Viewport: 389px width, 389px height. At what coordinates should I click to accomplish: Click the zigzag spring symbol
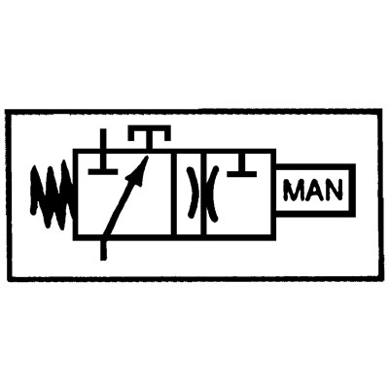(x=52, y=194)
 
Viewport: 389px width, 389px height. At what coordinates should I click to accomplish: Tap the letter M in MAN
(x=294, y=190)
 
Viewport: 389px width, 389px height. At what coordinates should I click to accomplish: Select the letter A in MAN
(x=314, y=190)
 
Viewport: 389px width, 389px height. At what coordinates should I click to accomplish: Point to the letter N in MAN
(x=334, y=190)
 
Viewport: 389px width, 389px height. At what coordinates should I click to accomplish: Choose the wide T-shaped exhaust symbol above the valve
(x=150, y=136)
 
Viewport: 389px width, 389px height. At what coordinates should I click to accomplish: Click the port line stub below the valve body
(x=103, y=250)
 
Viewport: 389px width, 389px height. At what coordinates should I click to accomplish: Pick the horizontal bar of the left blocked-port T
(x=103, y=171)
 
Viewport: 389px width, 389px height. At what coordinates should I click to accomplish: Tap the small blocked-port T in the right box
(x=242, y=167)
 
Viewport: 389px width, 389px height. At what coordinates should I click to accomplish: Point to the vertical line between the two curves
(x=203, y=194)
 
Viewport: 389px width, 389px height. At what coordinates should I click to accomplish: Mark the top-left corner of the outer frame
(x=8, y=112)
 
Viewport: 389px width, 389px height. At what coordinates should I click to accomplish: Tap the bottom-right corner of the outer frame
(x=380, y=278)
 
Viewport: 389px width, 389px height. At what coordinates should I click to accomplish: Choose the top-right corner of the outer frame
(x=380, y=111)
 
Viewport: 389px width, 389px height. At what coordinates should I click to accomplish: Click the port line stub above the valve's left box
(x=103, y=139)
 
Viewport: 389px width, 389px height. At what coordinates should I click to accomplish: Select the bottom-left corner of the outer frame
(x=9, y=279)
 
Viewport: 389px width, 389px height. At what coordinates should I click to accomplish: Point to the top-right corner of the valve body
(x=274, y=151)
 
